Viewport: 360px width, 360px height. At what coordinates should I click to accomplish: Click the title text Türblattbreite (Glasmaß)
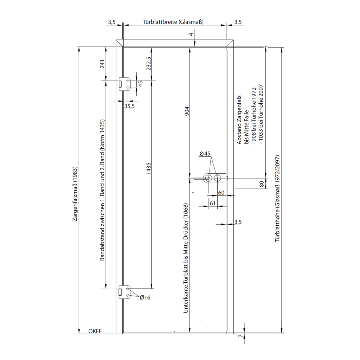pyautogui.click(x=173, y=22)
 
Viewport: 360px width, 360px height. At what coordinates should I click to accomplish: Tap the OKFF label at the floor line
pyautogui.click(x=95, y=331)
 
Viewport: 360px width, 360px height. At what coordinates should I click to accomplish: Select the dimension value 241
pyautogui.click(x=102, y=64)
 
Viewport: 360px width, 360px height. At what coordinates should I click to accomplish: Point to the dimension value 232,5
pyautogui.click(x=149, y=64)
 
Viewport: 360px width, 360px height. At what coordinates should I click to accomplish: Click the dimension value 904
pyautogui.click(x=187, y=111)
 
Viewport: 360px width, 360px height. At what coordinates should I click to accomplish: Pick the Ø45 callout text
pyautogui.click(x=205, y=154)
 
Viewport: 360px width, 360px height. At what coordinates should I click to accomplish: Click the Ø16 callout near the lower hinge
pyautogui.click(x=145, y=297)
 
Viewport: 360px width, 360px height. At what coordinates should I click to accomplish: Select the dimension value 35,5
pyautogui.click(x=129, y=106)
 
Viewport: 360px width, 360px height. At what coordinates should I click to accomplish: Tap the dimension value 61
pyautogui.click(x=213, y=204)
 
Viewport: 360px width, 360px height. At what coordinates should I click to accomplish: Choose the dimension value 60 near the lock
pyautogui.click(x=221, y=193)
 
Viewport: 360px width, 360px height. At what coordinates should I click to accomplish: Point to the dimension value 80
pyautogui.click(x=262, y=184)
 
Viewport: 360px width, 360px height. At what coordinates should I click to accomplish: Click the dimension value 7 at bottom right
pyautogui.click(x=240, y=336)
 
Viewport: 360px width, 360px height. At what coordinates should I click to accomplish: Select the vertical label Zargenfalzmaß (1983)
pyautogui.click(x=75, y=194)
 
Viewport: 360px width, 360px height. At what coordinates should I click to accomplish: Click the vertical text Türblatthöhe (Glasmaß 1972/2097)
pyautogui.click(x=278, y=199)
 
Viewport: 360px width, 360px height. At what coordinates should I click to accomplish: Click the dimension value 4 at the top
pyautogui.click(x=191, y=34)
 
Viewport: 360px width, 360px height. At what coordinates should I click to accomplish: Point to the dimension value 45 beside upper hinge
pyautogui.click(x=141, y=84)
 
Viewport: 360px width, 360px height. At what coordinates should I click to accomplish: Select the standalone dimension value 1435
pyautogui.click(x=149, y=168)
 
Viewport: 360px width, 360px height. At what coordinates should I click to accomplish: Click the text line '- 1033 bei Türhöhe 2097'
pyautogui.click(x=261, y=115)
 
